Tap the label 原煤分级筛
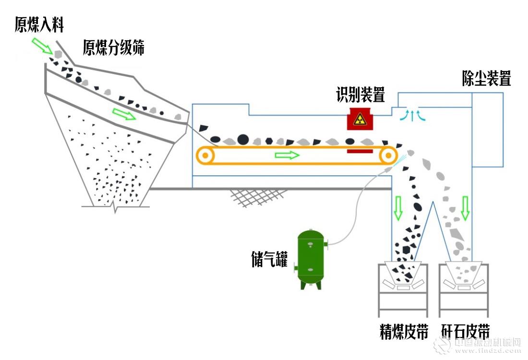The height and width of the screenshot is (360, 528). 114,48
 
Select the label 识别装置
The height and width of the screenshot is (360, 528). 360,95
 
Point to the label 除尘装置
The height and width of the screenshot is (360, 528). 486,78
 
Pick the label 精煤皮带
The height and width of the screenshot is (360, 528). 404,332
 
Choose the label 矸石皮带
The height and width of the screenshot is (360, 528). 465,332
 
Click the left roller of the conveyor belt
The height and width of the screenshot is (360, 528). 206,156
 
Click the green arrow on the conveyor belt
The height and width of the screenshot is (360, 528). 287,155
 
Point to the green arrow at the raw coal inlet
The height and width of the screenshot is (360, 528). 41,46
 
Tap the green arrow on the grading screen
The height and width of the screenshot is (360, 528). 124,114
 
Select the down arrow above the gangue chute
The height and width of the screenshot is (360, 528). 465,207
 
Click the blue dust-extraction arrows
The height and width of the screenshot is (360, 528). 413,115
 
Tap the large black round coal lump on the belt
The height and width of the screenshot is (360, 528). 243,139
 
